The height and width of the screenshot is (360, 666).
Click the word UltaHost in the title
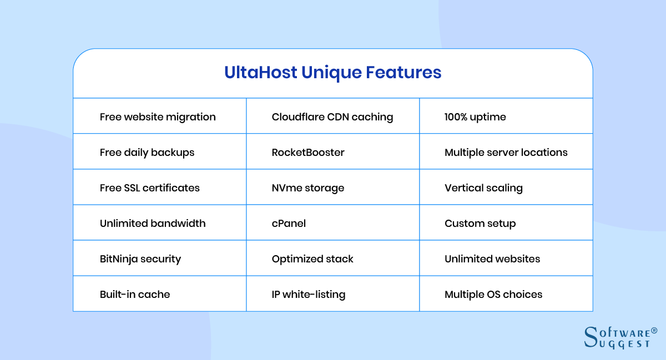pos(260,72)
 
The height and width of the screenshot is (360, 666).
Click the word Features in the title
pos(403,72)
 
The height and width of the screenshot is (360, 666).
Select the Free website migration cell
pos(160,116)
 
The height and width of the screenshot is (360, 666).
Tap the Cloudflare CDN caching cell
pos(332,116)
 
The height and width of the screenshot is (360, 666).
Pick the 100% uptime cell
pos(506,116)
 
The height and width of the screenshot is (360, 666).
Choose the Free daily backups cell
pos(160,151)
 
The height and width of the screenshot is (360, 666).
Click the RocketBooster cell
pos(332,151)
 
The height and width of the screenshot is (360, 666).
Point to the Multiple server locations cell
pos(506,151)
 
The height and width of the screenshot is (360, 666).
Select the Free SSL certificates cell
pos(160,187)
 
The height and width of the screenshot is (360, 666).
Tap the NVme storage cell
pos(332,187)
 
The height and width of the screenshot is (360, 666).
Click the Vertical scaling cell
pos(506,187)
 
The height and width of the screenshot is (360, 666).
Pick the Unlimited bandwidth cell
pos(160,222)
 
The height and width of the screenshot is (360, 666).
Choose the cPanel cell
pos(332,222)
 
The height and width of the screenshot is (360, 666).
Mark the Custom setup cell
pos(506,222)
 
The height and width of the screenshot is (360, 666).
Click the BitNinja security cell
pos(160,258)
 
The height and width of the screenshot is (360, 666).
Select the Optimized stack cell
pos(332,258)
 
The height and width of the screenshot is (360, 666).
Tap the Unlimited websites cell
pos(506,258)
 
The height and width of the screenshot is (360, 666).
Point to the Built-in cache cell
pos(160,293)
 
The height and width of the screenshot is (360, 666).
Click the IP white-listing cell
pos(332,293)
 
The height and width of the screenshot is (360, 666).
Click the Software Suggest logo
pos(620,338)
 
